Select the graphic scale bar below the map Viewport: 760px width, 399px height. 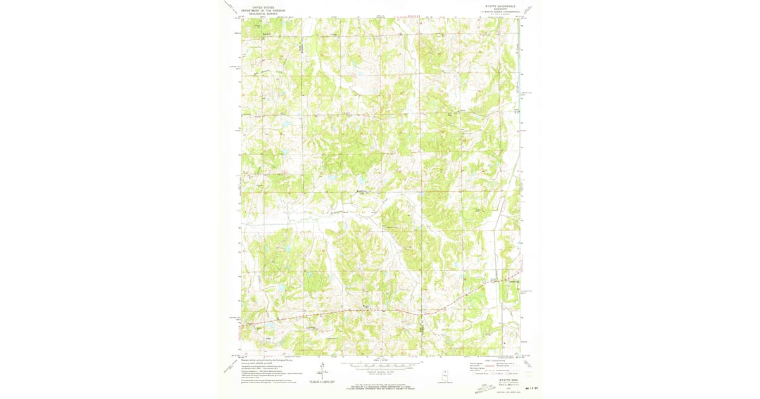click(x=380, y=365)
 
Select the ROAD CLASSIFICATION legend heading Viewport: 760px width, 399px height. click(x=497, y=359)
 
